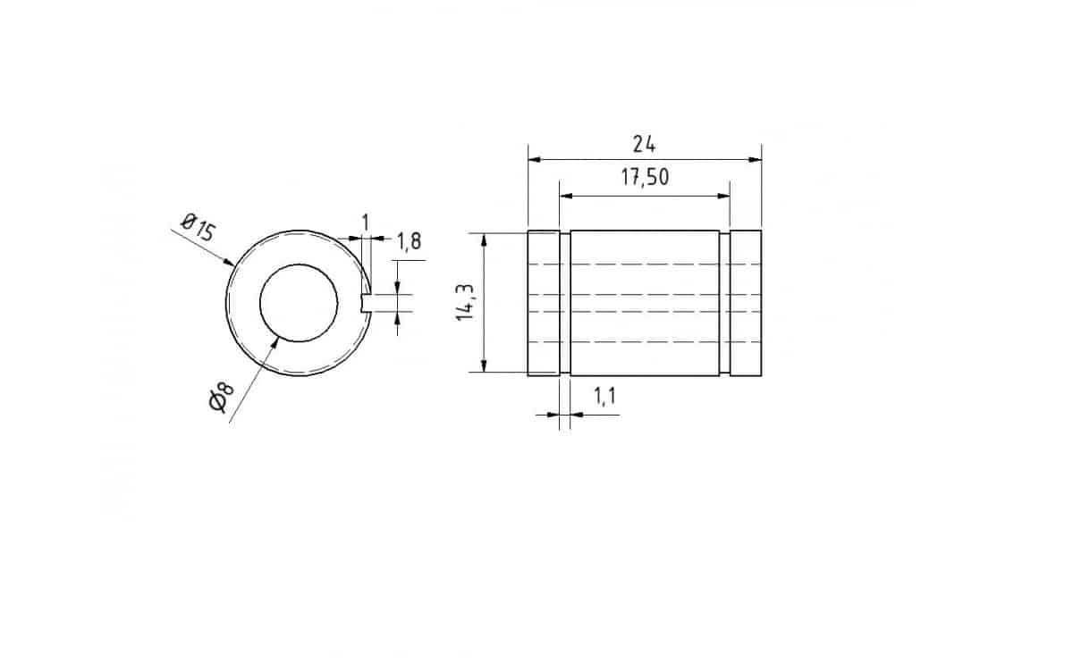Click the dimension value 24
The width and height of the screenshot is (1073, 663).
click(x=644, y=145)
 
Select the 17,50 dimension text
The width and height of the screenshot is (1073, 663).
click(x=645, y=178)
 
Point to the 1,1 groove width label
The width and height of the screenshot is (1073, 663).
click(x=604, y=398)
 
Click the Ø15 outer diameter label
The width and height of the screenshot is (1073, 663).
click(x=198, y=228)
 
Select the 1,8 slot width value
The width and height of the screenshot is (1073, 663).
click(x=409, y=240)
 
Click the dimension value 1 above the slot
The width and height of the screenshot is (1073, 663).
click(x=364, y=221)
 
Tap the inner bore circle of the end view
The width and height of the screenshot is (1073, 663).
click(x=299, y=303)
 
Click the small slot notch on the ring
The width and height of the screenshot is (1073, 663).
click(x=365, y=303)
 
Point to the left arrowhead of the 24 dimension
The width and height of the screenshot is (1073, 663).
click(x=535, y=160)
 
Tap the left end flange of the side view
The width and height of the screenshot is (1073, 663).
click(x=544, y=303)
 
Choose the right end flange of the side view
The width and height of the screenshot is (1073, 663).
click(x=746, y=303)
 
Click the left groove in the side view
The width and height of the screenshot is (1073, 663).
click(x=565, y=303)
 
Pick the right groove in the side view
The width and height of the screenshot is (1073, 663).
click(x=724, y=303)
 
